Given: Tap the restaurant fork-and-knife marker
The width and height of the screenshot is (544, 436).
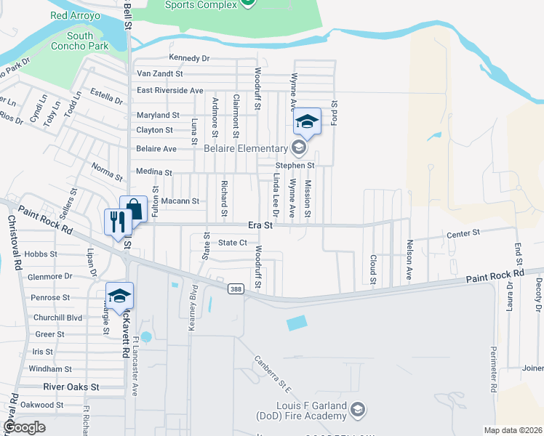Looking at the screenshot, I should tap(116, 221).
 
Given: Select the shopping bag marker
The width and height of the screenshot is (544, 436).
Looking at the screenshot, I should tap(135, 209).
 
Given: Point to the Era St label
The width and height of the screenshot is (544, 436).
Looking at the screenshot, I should tap(260, 226).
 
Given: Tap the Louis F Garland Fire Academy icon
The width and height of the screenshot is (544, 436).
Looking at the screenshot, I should tap(356, 411).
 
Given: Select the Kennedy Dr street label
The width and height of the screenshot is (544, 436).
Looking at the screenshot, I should tap(188, 58).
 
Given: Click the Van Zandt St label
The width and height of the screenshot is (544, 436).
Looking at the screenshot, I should tap(159, 74).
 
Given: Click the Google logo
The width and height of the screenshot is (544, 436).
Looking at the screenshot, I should tap(25, 427).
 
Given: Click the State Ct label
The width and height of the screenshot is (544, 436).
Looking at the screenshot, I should tap(233, 243).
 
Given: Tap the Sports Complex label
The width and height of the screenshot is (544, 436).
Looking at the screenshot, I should tap(201, 5).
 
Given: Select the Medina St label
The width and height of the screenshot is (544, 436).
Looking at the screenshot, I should tap(154, 173).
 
